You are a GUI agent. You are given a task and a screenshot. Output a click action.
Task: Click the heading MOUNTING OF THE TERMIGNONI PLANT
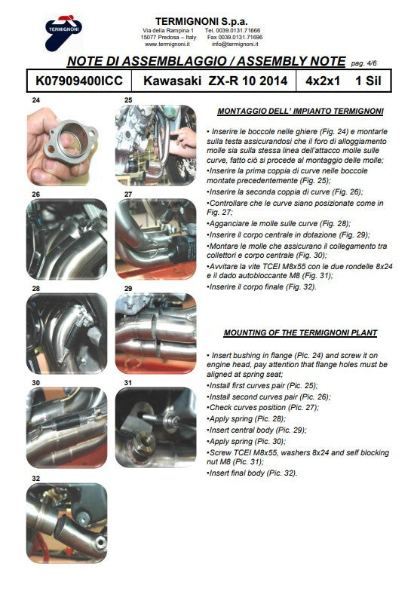coord(299,332)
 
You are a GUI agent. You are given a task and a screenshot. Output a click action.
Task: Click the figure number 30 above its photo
coord(35,383)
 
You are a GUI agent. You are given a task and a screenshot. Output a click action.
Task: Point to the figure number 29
coord(129,288)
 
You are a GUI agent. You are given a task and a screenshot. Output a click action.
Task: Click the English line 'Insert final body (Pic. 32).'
coord(252,473)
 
